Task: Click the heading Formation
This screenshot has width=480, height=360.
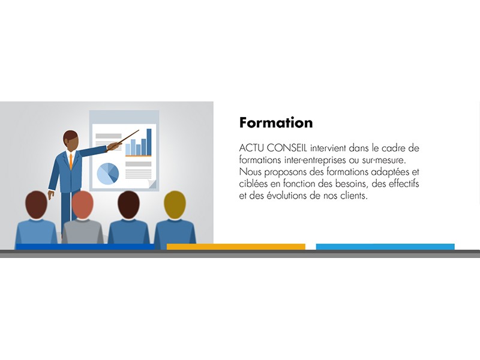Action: [x=276, y=122]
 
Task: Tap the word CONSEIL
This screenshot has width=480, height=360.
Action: [x=287, y=148]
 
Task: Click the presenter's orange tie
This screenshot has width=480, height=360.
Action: [x=71, y=161]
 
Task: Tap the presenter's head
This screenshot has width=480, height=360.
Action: [x=71, y=141]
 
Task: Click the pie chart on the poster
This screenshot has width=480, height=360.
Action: [x=108, y=173]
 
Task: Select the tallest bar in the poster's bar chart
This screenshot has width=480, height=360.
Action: [x=149, y=142]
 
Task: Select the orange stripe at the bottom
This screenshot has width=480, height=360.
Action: [x=236, y=247]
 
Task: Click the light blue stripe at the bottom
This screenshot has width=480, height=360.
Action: [x=385, y=247]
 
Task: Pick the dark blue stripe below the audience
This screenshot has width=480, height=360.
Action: [x=85, y=247]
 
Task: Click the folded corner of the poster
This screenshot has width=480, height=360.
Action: [x=152, y=184]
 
